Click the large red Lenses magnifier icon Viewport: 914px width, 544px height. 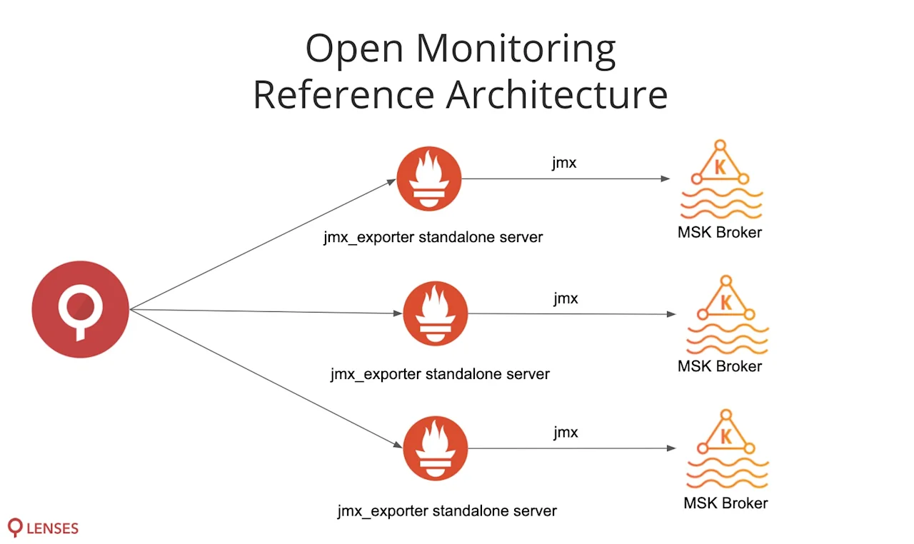coord(80,310)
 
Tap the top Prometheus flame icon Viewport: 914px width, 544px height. coord(428,179)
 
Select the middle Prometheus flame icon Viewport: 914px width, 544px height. coord(435,313)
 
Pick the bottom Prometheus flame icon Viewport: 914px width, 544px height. coord(435,448)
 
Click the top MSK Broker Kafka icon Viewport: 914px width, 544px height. coord(720,178)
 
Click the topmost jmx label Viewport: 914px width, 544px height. coord(564,163)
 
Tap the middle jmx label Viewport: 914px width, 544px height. coord(566,298)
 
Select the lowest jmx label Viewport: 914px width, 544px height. coord(566,433)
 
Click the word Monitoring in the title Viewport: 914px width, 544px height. coord(516,49)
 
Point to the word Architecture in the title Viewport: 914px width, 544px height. coord(557,95)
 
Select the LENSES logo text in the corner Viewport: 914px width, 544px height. coord(51,529)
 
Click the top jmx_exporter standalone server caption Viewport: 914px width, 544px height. coord(433,237)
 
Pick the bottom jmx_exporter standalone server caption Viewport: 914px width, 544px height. coord(447,511)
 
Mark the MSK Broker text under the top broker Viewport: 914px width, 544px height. coord(719,232)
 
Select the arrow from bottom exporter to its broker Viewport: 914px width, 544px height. coord(571,448)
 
